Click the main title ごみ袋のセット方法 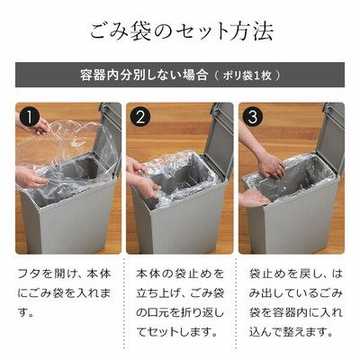click(x=182, y=31)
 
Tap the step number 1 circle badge click(x=29, y=117)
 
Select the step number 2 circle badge click(x=140, y=117)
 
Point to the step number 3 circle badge click(x=253, y=117)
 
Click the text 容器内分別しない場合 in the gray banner click(x=144, y=75)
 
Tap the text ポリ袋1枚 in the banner click(x=247, y=76)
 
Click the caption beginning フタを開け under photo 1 click(x=64, y=293)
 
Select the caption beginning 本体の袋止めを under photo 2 click(x=180, y=303)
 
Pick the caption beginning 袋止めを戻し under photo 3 click(x=295, y=303)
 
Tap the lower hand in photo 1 click(x=30, y=177)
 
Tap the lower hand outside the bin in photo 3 click(x=254, y=198)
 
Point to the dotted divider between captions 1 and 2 click(x=124, y=303)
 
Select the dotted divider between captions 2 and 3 click(x=236, y=303)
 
